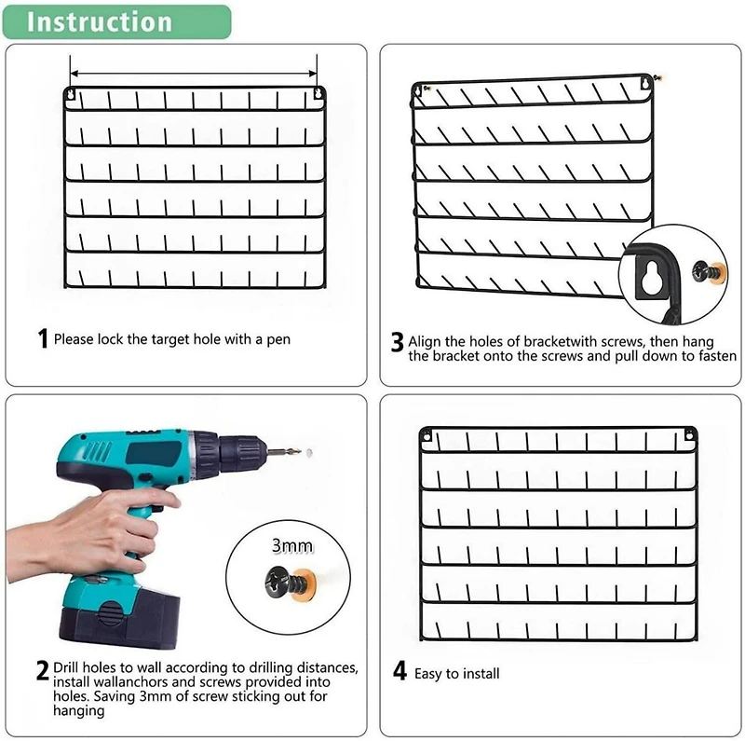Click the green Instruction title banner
tap(115, 21)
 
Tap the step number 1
tap(42, 339)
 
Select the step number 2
tap(42, 670)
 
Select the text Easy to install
tap(457, 673)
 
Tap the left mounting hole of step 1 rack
tap(71, 93)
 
